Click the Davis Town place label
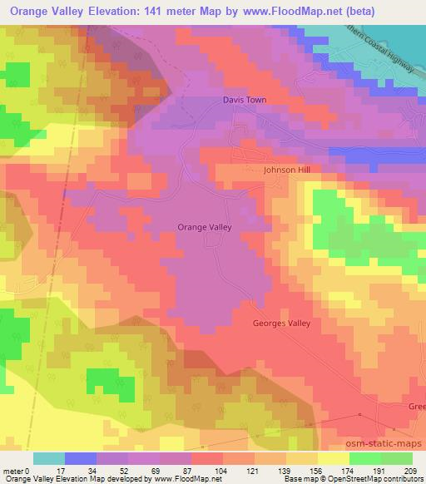tap(244, 100)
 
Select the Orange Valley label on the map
tap(204, 226)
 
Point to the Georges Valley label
tap(281, 323)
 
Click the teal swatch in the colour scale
tap(49, 458)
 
